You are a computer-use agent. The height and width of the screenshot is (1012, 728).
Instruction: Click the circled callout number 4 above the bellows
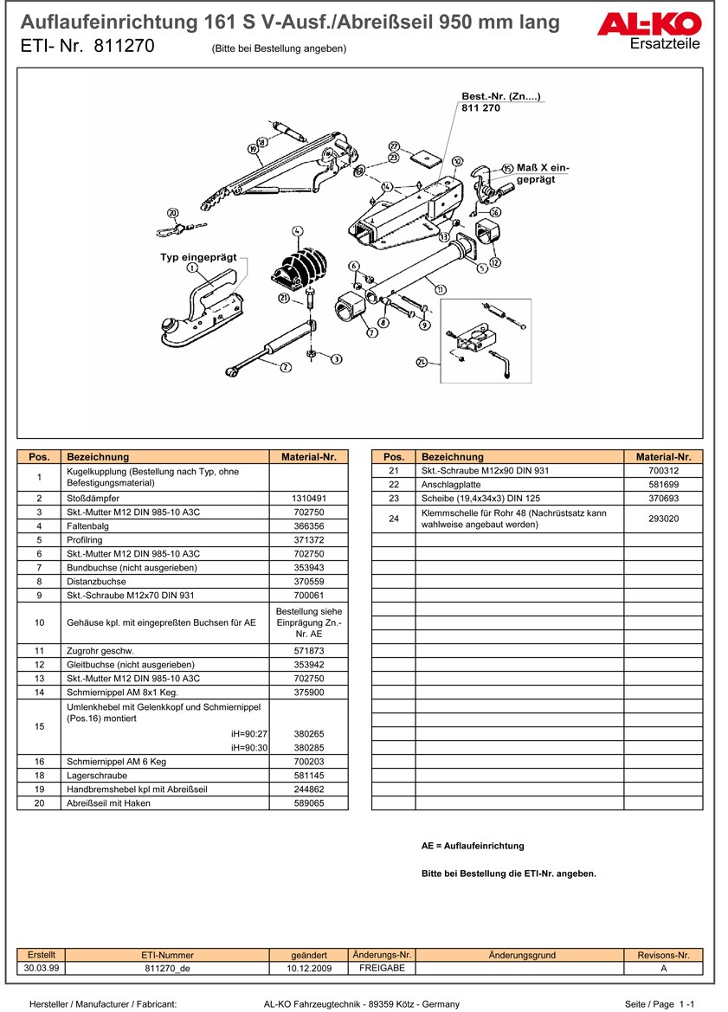tap(297, 231)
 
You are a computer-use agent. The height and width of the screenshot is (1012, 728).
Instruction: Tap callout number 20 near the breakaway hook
tap(172, 213)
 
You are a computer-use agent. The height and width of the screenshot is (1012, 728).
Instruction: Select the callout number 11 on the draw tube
tap(441, 289)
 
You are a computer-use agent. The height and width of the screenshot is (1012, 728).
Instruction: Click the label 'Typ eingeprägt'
tap(197, 257)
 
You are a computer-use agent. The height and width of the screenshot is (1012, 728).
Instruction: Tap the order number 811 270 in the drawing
tap(481, 108)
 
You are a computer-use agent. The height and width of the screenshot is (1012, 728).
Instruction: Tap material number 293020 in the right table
tap(663, 519)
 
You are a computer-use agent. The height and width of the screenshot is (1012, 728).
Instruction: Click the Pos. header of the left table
tap(39, 456)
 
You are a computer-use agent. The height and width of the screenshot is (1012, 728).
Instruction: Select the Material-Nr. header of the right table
tap(663, 456)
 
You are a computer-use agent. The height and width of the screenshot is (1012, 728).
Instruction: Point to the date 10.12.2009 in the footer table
tap(309, 969)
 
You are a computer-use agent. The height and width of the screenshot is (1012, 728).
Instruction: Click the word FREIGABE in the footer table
tap(382, 968)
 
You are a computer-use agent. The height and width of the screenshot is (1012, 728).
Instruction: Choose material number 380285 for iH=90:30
tap(309, 747)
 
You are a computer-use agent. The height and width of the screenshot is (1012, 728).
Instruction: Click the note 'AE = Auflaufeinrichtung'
tap(473, 846)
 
